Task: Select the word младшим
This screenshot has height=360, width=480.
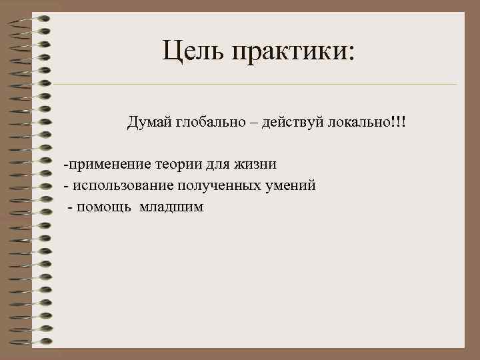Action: (x=171, y=207)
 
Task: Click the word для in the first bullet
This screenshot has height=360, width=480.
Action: (x=219, y=164)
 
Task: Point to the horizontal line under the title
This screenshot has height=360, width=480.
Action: (x=253, y=85)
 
